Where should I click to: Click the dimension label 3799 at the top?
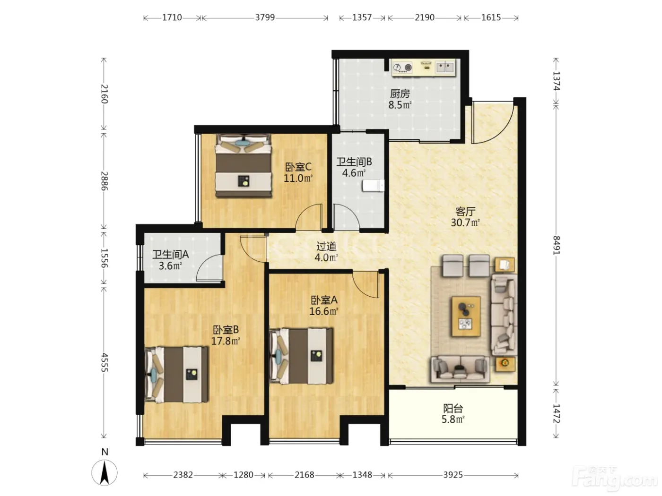(265, 17)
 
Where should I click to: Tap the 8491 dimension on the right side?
(556, 245)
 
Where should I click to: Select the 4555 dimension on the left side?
(104, 362)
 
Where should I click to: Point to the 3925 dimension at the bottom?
(453, 475)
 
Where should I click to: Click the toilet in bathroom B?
(374, 186)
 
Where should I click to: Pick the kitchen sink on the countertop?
(444, 67)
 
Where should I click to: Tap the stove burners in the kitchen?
(403, 68)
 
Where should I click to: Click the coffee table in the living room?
(466, 316)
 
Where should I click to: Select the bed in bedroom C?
(243, 166)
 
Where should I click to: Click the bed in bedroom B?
(176, 374)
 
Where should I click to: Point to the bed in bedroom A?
(301, 356)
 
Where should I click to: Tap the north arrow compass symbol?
(105, 472)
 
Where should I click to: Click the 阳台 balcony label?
(453, 409)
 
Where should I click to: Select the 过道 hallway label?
(326, 246)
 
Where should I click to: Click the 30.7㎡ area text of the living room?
(465, 222)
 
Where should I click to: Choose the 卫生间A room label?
(170, 255)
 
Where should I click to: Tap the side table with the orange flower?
(505, 364)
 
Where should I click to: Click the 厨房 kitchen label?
(400, 94)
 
